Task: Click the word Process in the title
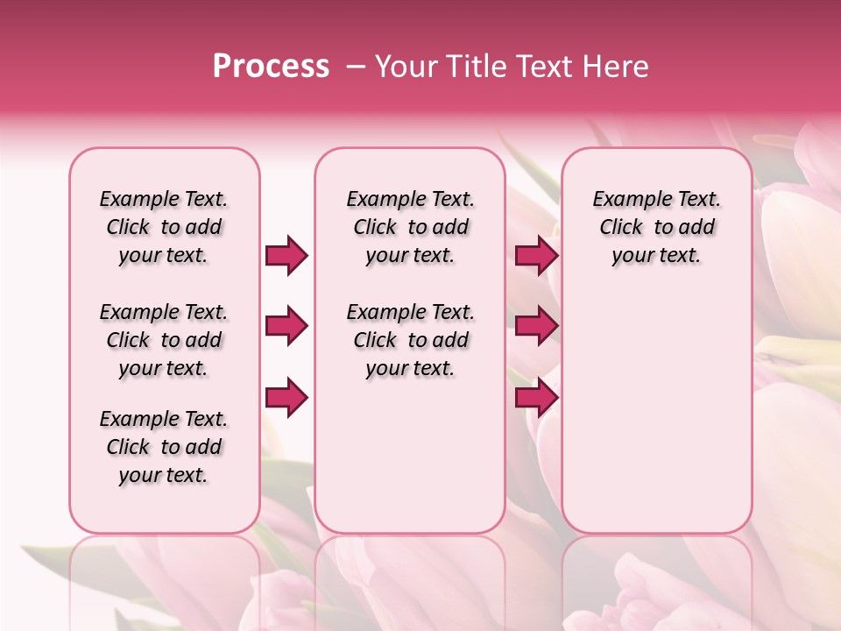pyautogui.click(x=271, y=67)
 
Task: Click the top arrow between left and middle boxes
pyautogui.click(x=286, y=255)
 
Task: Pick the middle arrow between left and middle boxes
pyautogui.click(x=286, y=326)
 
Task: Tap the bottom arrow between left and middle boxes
pyautogui.click(x=286, y=398)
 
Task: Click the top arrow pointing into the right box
pyautogui.click(x=536, y=255)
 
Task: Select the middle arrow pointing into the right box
pyautogui.click(x=536, y=326)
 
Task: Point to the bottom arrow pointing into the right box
pyautogui.click(x=536, y=398)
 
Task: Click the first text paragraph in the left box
pyautogui.click(x=164, y=227)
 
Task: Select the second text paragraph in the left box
pyautogui.click(x=164, y=340)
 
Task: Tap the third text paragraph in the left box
pyautogui.click(x=164, y=447)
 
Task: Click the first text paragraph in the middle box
pyautogui.click(x=410, y=227)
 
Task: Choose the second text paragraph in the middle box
pyautogui.click(x=410, y=340)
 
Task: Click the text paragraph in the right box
pyautogui.click(x=657, y=227)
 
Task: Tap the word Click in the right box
pyautogui.click(x=621, y=228)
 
